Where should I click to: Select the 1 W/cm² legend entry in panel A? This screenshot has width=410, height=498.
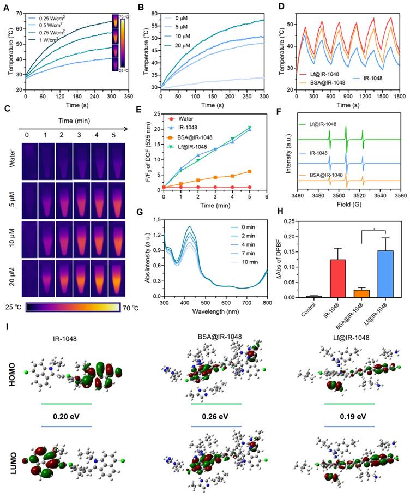click(x=52, y=40)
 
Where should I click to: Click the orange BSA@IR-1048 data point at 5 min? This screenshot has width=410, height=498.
click(x=250, y=171)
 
